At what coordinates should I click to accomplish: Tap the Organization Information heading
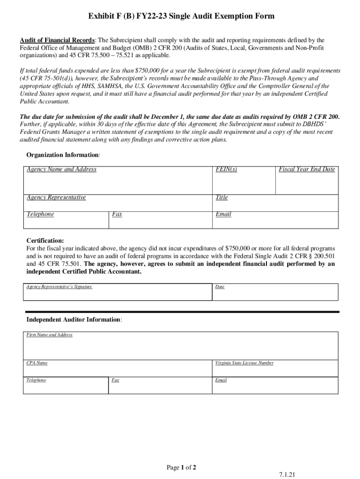63,155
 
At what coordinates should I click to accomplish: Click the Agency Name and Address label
61,169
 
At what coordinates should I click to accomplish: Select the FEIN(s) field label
226,169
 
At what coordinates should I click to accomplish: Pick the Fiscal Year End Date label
307,169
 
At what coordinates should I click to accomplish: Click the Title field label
222,197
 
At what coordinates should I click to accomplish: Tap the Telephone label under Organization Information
40,214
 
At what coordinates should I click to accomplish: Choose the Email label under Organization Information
223,214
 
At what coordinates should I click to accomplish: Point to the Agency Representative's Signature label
59,286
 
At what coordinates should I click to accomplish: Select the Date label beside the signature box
220,286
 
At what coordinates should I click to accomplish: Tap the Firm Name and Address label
50,335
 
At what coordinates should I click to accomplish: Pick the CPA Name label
37,363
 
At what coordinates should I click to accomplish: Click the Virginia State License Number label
245,363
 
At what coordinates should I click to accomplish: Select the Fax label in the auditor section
115,380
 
